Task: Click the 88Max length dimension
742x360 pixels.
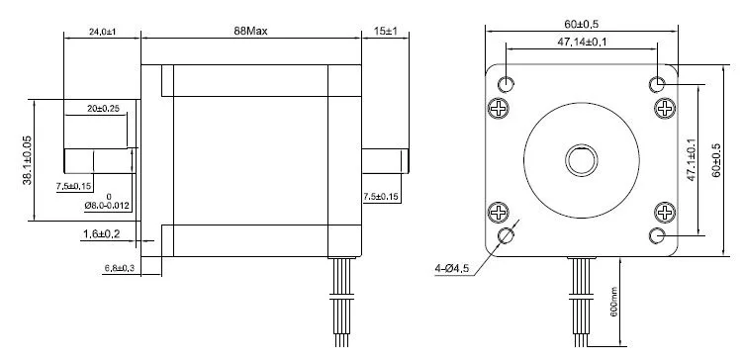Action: [x=250, y=32]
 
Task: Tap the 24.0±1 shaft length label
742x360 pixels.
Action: [x=103, y=32]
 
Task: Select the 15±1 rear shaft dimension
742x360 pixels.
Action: [x=385, y=32]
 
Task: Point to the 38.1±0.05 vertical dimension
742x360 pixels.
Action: [x=27, y=160]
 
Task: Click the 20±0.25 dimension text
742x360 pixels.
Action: [x=103, y=109]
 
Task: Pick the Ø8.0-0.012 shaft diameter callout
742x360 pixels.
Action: [x=109, y=206]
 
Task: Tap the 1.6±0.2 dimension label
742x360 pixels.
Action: [x=102, y=233]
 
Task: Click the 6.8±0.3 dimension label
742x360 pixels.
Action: [x=120, y=268]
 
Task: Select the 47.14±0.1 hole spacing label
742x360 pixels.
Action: [x=582, y=42]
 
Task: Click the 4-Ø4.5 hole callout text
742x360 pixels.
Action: [x=451, y=269]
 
